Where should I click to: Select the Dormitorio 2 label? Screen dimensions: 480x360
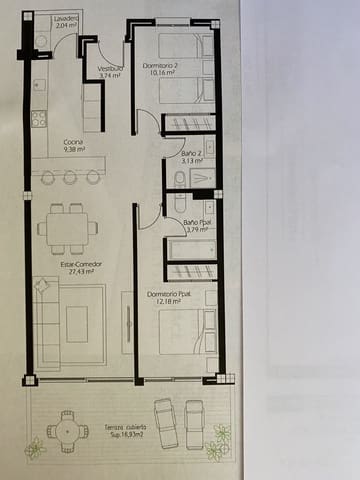(x=160, y=65)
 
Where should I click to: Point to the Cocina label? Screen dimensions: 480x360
(x=72, y=142)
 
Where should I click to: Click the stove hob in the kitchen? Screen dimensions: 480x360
(x=38, y=119)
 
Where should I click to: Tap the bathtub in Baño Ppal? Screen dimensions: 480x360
(x=190, y=248)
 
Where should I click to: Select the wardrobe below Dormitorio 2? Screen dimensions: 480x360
(x=189, y=124)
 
